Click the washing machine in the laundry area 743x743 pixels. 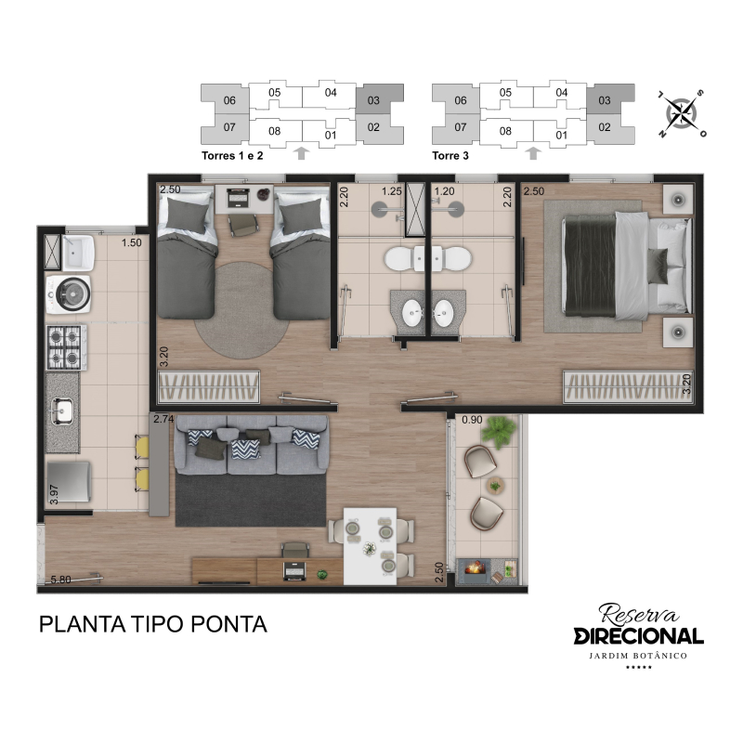(69, 293)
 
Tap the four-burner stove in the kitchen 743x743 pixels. (66, 346)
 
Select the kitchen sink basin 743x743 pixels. (62, 411)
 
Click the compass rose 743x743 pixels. (682, 113)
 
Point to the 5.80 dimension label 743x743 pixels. (60, 579)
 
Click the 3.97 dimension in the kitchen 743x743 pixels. (54, 494)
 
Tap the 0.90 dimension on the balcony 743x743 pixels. (472, 420)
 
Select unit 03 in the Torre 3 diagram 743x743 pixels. (610, 99)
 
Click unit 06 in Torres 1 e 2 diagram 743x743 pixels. (226, 99)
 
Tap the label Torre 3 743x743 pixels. (450, 155)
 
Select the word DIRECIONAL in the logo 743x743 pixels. (638, 636)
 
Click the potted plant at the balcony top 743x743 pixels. (498, 431)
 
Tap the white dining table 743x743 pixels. (370, 546)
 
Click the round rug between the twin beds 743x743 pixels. (241, 310)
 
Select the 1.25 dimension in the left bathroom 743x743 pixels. (392, 191)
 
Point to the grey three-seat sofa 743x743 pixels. (251, 445)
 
